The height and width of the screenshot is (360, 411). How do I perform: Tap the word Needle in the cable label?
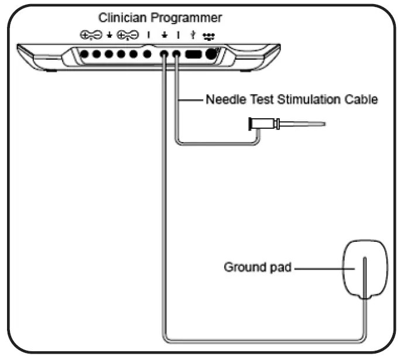[220, 100]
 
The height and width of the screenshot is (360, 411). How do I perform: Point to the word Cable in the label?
[361, 100]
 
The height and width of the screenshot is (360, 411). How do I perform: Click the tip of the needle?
[323, 124]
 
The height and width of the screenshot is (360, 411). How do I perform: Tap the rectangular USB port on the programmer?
[193, 54]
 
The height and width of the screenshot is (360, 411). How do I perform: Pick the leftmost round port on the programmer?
[84, 54]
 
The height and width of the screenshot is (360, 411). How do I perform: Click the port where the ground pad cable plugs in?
[165, 55]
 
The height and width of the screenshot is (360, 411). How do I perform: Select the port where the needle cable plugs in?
[176, 55]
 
